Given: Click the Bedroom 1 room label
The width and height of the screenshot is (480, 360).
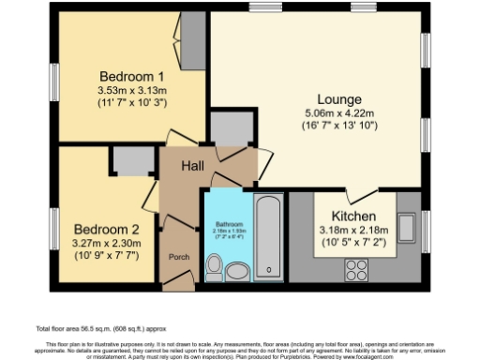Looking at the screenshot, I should coord(132,76).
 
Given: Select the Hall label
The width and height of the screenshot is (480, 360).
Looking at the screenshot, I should coord(192,165).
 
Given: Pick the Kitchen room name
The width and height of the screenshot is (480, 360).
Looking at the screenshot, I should coord(354,216).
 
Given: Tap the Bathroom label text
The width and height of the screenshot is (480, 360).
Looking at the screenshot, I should coord(229,225).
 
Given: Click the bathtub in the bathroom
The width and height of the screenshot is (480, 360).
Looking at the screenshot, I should coord(269,234).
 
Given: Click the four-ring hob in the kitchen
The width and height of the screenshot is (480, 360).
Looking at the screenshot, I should coord(357,269).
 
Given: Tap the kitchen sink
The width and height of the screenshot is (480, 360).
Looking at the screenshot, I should coord(409,227).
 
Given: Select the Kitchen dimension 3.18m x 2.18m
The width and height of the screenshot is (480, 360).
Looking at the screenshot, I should coord(354,231).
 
